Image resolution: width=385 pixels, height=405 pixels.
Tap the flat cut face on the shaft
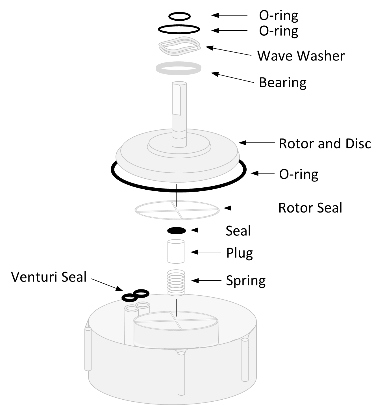click(177, 99)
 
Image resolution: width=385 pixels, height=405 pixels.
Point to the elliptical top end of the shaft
click(179, 83)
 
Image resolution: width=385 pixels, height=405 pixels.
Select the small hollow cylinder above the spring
click(176, 252)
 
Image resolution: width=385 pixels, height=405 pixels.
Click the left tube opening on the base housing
click(132, 309)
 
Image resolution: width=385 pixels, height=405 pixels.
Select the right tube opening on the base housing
click(143, 305)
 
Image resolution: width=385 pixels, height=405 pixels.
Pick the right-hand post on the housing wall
click(245, 360)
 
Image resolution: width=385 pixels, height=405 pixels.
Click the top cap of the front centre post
click(181, 353)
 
